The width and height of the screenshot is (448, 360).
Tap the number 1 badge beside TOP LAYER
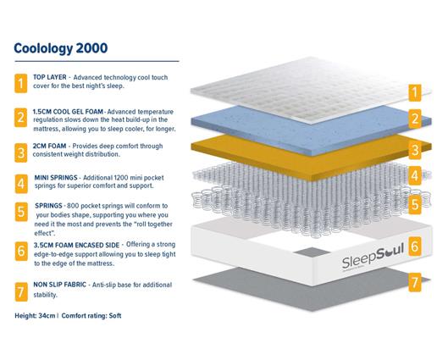(x=20, y=83)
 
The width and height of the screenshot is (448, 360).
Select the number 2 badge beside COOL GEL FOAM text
(x=20, y=117)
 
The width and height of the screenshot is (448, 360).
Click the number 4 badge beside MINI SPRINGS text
(x=20, y=182)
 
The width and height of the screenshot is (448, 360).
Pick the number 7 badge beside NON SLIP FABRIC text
(x=20, y=292)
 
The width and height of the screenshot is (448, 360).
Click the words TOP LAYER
(x=51, y=77)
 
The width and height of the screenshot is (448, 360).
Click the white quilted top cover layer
(x=296, y=89)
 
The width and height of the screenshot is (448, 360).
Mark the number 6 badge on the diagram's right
(x=415, y=246)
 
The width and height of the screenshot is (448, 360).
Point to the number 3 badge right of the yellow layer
(x=415, y=150)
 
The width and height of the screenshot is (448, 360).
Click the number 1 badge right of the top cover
(x=415, y=91)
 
